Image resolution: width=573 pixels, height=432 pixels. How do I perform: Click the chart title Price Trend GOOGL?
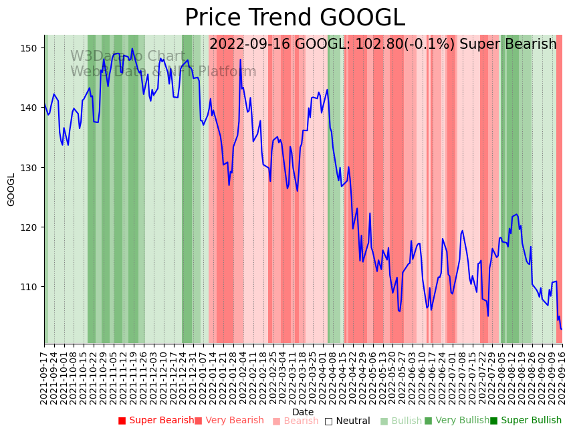[295, 18]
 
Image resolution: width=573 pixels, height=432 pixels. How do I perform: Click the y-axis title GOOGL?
[11, 189]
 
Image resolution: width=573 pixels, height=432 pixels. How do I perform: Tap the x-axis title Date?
[303, 412]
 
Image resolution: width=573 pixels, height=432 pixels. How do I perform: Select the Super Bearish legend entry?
[156, 421]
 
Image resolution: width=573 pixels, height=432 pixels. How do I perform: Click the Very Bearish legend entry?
[229, 421]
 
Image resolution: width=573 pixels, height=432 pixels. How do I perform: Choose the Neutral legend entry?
[348, 421]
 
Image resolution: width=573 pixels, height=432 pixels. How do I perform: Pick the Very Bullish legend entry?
[457, 421]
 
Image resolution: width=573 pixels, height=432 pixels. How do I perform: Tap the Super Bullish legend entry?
[526, 421]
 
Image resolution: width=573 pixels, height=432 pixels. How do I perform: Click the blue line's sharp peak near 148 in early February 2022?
[241, 60]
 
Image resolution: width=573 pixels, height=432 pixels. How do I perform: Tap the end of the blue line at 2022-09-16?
[562, 329]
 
